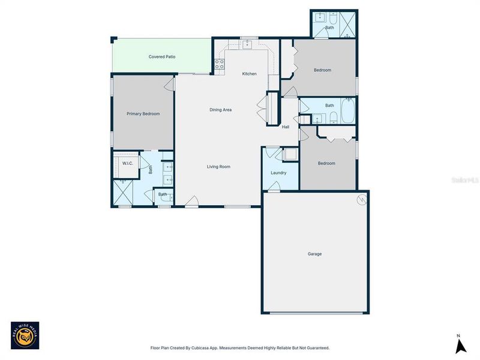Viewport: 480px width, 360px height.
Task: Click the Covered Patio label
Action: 162,57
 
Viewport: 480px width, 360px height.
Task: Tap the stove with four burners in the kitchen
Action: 220,64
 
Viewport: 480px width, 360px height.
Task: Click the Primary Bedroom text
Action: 143,113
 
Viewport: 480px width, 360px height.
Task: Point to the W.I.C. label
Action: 127,163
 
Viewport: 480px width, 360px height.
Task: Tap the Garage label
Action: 315,254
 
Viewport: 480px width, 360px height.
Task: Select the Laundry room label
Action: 278,173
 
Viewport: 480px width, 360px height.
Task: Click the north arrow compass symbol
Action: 460,345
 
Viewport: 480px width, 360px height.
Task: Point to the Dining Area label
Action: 220,110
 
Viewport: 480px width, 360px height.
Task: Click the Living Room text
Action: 218,167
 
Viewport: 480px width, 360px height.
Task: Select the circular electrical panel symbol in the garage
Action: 361,200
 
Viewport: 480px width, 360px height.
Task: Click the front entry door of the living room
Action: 192,202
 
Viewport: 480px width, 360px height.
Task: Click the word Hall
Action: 286,127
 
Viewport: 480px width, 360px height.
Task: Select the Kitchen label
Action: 249,74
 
